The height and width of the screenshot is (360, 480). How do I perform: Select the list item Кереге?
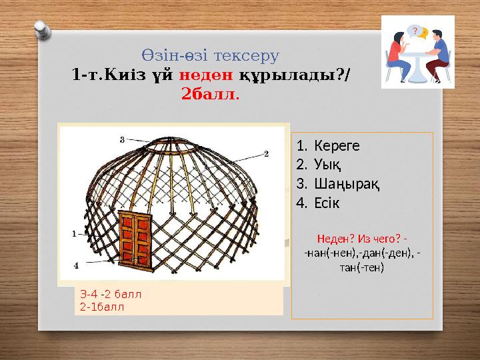(x=337, y=145)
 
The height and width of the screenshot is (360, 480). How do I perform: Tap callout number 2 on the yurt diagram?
(x=265, y=154)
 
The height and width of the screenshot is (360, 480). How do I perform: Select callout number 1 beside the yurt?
(x=75, y=234)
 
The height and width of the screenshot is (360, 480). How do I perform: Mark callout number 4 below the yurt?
(x=77, y=265)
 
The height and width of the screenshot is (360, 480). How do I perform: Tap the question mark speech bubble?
(x=415, y=31)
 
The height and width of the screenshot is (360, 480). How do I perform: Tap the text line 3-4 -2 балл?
(x=111, y=294)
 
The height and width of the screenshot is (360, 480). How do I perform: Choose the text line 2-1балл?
(x=101, y=306)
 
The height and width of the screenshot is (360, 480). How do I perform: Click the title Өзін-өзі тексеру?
(x=210, y=55)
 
